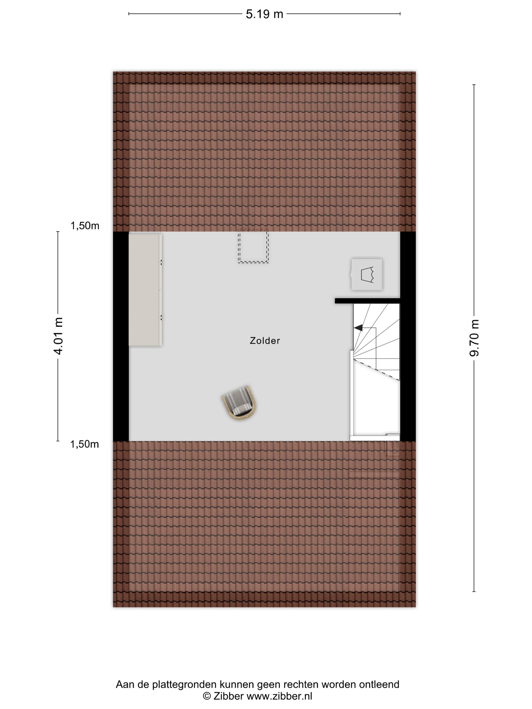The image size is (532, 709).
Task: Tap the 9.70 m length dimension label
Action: point(474,338)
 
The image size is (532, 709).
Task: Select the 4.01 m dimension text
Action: point(58,336)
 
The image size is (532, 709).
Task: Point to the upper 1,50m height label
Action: point(85,226)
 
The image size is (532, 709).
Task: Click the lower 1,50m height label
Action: point(85,444)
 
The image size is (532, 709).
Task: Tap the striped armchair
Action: point(239,403)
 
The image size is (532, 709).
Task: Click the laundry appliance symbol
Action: point(367,274)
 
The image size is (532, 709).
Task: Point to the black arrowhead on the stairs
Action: point(358,328)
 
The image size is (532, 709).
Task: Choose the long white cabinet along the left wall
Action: point(145,290)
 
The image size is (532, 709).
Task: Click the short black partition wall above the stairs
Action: point(368,301)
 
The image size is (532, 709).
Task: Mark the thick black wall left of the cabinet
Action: point(121,336)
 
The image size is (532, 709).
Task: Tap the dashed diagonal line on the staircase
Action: point(376,369)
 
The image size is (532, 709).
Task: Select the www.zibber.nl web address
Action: point(279,696)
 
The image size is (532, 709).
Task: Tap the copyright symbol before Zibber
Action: point(207,696)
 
